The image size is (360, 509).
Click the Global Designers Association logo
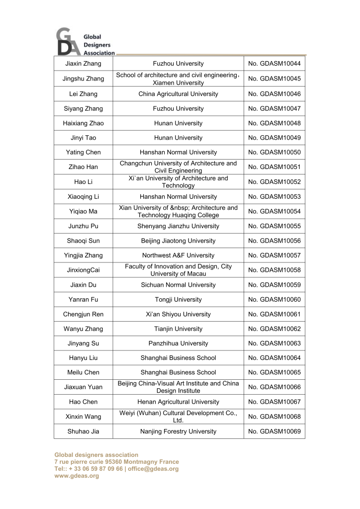click(x=85, y=42)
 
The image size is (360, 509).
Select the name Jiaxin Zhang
click(x=83, y=64)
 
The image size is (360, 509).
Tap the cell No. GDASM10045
click(x=274, y=79)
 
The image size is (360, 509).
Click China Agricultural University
click(x=178, y=94)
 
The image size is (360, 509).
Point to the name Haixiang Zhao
click(x=83, y=123)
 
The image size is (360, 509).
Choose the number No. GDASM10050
click(x=274, y=153)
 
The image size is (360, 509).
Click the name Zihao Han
click(x=83, y=167)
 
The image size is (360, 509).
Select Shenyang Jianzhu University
click(x=178, y=226)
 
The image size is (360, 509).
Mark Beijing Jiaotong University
click(x=178, y=241)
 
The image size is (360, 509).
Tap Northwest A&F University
click(x=178, y=255)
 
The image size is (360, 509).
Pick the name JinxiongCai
click(x=83, y=270)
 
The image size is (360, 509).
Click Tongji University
click(x=178, y=300)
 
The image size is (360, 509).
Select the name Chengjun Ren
click(x=83, y=314)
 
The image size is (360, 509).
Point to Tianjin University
click(x=178, y=329)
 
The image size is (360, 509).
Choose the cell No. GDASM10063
click(x=274, y=343)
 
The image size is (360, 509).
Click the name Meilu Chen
click(x=83, y=372)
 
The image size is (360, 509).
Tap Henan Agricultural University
click(x=178, y=402)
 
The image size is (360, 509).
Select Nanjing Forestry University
click(x=178, y=431)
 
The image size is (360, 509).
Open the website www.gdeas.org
click(x=77, y=476)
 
